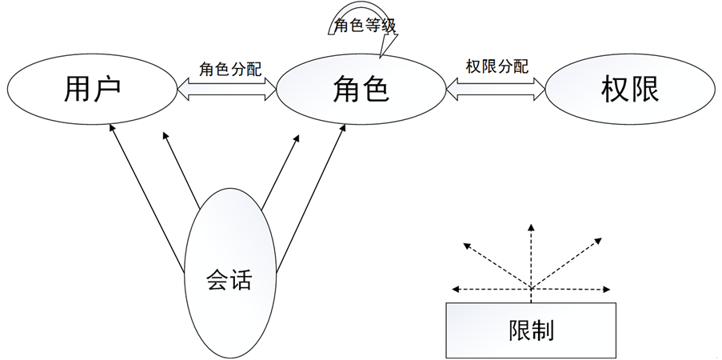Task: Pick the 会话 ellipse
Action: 229,280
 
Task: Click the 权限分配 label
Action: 497,67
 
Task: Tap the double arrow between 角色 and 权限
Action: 497,89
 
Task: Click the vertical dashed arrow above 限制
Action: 529,256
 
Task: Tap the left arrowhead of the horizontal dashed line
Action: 457,290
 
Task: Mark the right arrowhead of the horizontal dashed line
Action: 602,290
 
